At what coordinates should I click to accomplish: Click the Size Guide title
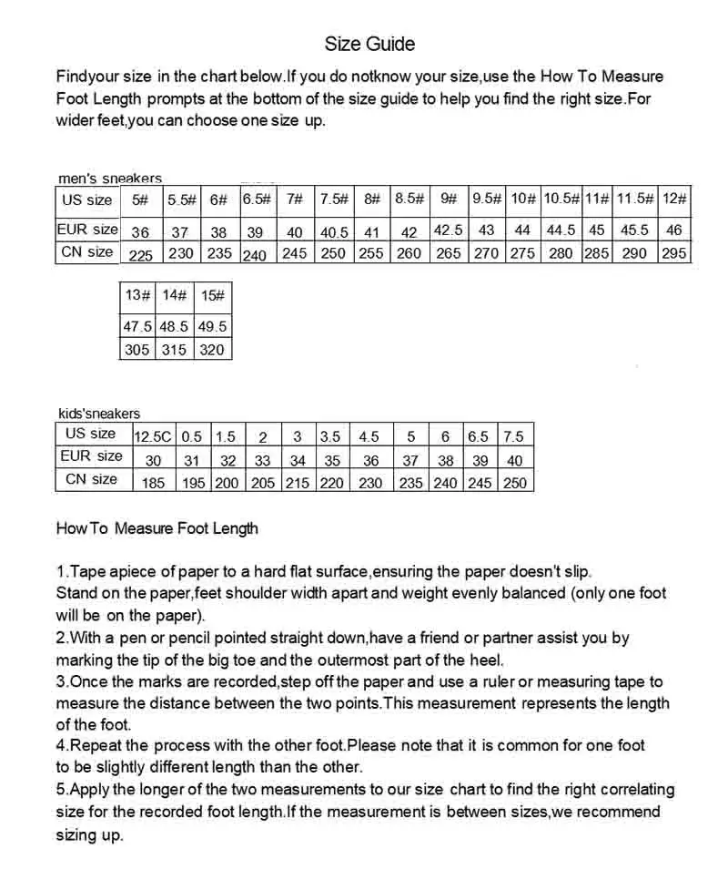click(369, 44)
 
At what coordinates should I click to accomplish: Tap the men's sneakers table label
click(109, 179)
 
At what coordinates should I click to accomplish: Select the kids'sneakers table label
click(99, 414)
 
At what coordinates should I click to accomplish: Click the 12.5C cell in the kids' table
click(154, 436)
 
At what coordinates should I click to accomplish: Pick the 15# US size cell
click(211, 295)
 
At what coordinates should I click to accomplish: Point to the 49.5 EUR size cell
click(211, 326)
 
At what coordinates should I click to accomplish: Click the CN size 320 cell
click(211, 349)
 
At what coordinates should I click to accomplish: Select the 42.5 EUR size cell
click(448, 230)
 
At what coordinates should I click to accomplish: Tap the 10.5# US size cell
click(561, 200)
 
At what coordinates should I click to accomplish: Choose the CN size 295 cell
click(674, 253)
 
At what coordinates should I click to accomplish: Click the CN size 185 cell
click(154, 483)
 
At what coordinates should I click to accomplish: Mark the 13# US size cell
click(136, 295)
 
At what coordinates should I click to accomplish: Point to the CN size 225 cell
click(140, 255)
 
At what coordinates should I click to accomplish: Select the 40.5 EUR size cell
click(333, 232)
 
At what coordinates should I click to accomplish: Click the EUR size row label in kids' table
click(91, 455)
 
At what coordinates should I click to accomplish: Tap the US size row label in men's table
click(87, 200)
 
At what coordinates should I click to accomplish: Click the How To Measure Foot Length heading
click(157, 528)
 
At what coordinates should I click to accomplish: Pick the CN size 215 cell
click(298, 483)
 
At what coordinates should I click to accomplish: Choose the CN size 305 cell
click(136, 349)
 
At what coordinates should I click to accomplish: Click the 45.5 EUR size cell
click(634, 230)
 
